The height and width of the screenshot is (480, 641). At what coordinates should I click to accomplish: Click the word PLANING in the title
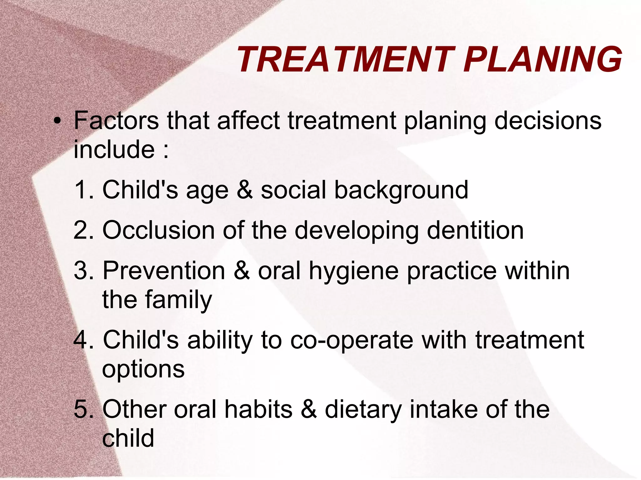(542, 59)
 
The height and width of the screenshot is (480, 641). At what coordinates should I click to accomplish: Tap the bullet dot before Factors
(57, 121)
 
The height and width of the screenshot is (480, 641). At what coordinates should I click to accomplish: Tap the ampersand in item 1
(245, 190)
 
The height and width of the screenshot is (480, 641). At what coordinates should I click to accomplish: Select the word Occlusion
(158, 230)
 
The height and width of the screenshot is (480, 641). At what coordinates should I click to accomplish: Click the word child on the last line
(128, 438)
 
